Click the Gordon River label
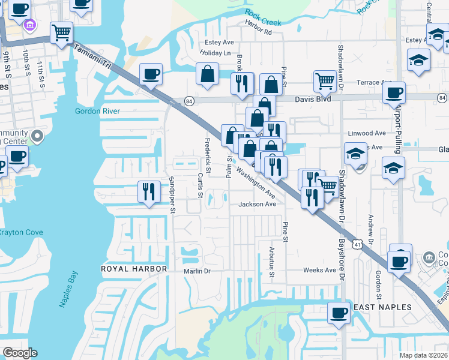pyautogui.click(x=97, y=111)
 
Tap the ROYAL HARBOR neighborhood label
pyautogui.click(x=133, y=269)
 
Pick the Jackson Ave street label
pyautogui.click(x=257, y=204)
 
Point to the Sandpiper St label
pyautogui.click(x=172, y=194)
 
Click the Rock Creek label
pyautogui.click(x=263, y=17)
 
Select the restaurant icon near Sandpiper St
pyautogui.click(x=149, y=191)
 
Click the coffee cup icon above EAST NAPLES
pyautogui.click(x=339, y=313)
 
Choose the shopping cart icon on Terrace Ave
pyautogui.click(x=325, y=80)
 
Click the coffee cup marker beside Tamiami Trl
pyautogui.click(x=150, y=74)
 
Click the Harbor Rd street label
pyautogui.click(x=258, y=32)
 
